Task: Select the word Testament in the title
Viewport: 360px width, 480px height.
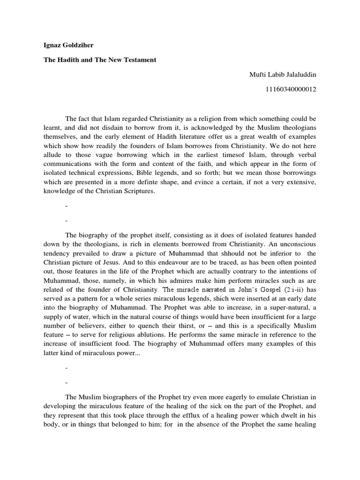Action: (x=139, y=60)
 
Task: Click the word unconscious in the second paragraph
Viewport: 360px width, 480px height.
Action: (x=300, y=244)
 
